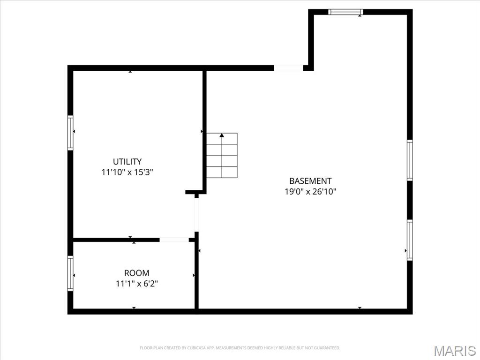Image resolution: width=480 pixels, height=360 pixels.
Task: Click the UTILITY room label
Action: click(127, 162)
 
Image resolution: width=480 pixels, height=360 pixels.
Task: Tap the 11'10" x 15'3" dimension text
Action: click(127, 172)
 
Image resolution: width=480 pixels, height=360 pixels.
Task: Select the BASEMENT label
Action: click(310, 181)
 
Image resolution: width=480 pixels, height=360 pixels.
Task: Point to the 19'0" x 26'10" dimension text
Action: click(310, 191)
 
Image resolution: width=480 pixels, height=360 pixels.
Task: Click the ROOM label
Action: click(137, 273)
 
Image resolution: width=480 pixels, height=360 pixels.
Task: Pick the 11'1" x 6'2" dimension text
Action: click(137, 283)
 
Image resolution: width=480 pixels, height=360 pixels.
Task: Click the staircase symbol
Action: click(222, 156)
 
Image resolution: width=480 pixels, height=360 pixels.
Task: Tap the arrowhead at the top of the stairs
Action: click(222, 135)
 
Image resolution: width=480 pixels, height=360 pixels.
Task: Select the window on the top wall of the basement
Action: click(345, 12)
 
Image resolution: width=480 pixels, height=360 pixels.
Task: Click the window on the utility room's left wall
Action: click(70, 133)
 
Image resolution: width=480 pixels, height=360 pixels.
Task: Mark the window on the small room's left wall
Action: click(70, 273)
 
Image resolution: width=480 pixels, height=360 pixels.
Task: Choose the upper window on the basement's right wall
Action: click(410, 160)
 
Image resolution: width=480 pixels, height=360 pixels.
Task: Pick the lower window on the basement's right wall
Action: click(410, 240)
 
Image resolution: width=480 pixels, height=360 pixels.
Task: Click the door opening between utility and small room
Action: click(174, 240)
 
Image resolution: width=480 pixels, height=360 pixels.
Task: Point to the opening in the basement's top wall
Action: click(288, 68)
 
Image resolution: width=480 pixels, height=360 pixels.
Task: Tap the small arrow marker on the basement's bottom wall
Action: click(360, 308)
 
